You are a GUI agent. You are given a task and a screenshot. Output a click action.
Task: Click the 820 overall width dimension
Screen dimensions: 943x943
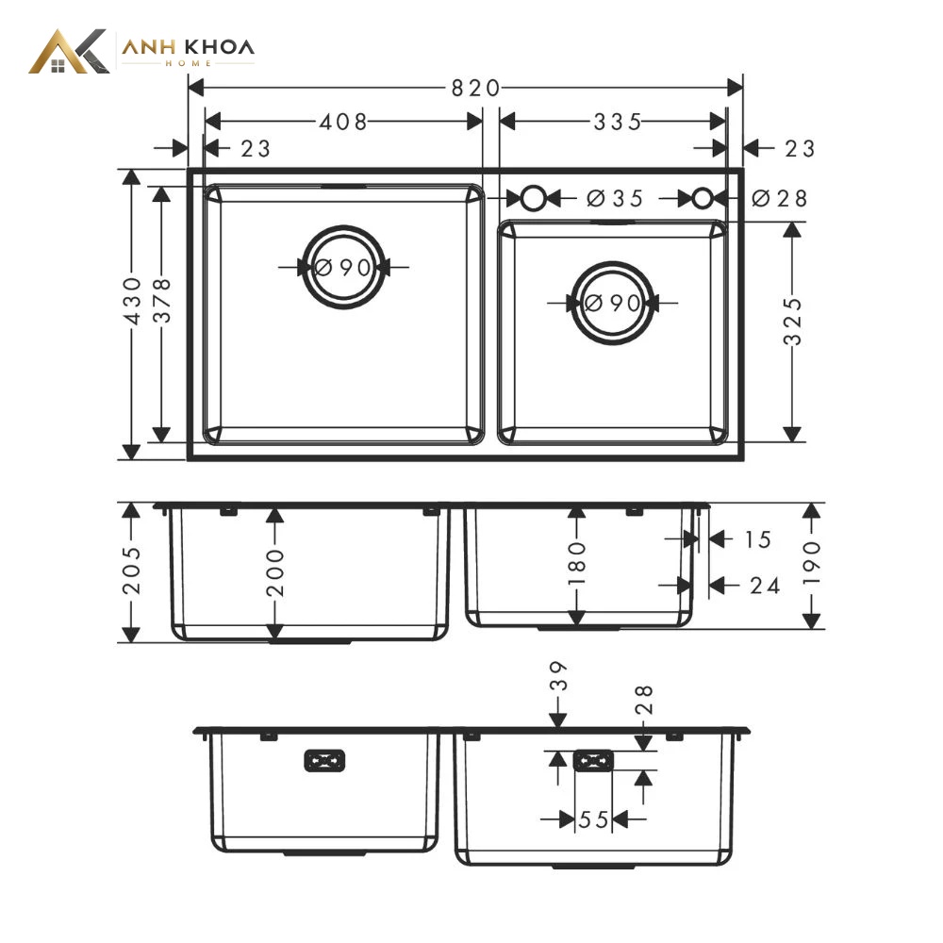(x=475, y=89)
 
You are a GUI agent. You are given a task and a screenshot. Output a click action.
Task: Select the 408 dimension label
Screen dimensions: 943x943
(x=343, y=122)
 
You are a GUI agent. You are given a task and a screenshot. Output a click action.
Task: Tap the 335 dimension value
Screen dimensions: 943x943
(x=618, y=122)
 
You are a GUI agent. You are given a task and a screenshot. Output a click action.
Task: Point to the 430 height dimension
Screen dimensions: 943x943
(x=132, y=301)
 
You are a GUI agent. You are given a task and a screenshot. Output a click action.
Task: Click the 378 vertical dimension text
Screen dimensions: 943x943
(x=162, y=301)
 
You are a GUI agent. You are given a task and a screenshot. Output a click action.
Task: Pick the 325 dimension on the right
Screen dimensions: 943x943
(x=793, y=322)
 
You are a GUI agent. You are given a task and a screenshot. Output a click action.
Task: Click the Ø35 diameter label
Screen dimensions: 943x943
(x=615, y=198)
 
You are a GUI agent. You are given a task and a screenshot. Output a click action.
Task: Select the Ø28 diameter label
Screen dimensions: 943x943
(x=780, y=198)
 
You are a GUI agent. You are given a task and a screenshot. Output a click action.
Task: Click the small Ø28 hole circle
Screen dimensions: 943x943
(x=703, y=188)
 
